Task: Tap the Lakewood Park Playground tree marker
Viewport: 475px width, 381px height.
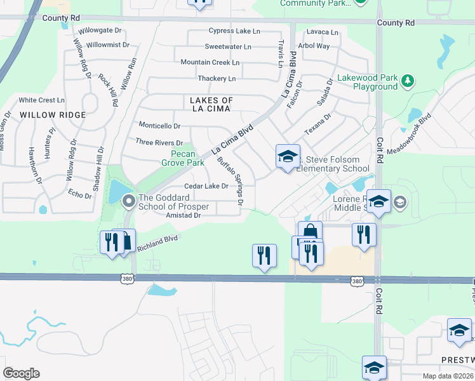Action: tap(408, 81)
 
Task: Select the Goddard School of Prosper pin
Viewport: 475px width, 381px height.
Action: tap(128, 202)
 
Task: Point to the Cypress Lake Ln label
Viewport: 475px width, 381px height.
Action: tap(234, 31)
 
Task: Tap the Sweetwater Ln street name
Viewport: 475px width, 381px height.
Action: tap(228, 47)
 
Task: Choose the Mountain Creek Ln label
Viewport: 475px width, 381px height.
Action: tap(210, 62)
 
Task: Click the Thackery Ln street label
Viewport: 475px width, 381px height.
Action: tap(217, 79)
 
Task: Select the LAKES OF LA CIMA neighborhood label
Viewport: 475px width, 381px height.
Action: tap(212, 105)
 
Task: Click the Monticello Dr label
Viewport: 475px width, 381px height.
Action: tap(159, 126)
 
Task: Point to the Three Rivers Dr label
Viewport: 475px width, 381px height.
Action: tap(159, 143)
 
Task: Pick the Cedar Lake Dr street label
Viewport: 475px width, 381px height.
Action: tap(206, 186)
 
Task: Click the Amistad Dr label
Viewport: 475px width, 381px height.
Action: tap(184, 216)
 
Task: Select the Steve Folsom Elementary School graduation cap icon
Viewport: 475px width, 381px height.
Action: tap(287, 156)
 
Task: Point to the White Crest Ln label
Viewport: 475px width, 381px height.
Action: tap(42, 100)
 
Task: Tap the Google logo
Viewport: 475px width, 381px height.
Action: tap(22, 373)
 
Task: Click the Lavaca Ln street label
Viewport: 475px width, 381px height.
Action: tap(322, 32)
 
